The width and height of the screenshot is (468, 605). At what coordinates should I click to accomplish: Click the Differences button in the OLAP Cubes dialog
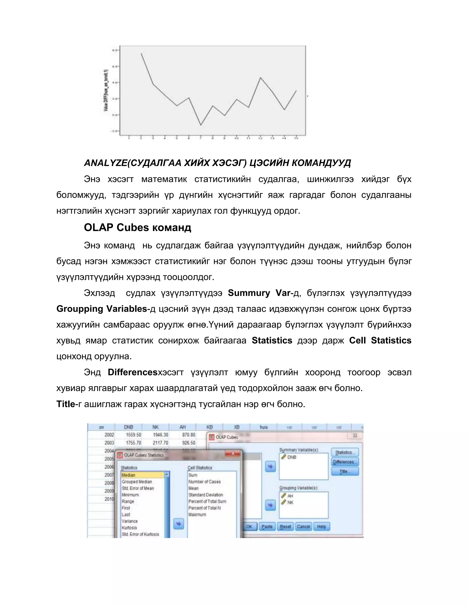coord(345,462)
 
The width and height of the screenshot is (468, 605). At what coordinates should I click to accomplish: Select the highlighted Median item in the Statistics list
coord(142,475)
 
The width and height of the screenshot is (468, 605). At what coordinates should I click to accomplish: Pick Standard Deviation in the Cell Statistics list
coord(206,495)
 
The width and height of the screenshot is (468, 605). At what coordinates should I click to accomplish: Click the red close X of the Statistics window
coord(233,453)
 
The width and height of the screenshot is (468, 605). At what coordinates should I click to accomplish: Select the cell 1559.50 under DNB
coord(133,435)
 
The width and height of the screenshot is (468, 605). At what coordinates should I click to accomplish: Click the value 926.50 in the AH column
coord(189,443)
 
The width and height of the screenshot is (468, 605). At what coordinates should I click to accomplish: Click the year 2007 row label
coord(109,475)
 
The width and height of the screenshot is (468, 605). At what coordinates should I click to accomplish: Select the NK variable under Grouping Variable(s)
coord(290,502)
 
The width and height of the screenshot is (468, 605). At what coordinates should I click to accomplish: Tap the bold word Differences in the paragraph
coord(133,372)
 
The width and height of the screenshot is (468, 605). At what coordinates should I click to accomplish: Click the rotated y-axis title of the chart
coord(106,91)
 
